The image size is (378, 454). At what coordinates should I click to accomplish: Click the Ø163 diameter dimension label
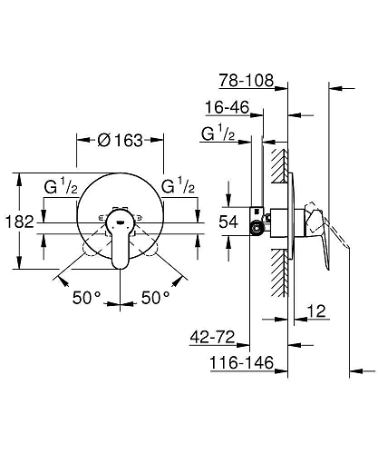[x=120, y=141]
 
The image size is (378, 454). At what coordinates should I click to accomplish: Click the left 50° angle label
[x=89, y=297]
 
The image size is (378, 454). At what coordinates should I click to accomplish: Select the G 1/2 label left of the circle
[x=60, y=187]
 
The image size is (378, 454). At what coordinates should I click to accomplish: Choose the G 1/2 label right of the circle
[x=180, y=187]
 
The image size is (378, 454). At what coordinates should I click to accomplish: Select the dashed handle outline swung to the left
[x=94, y=244]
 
